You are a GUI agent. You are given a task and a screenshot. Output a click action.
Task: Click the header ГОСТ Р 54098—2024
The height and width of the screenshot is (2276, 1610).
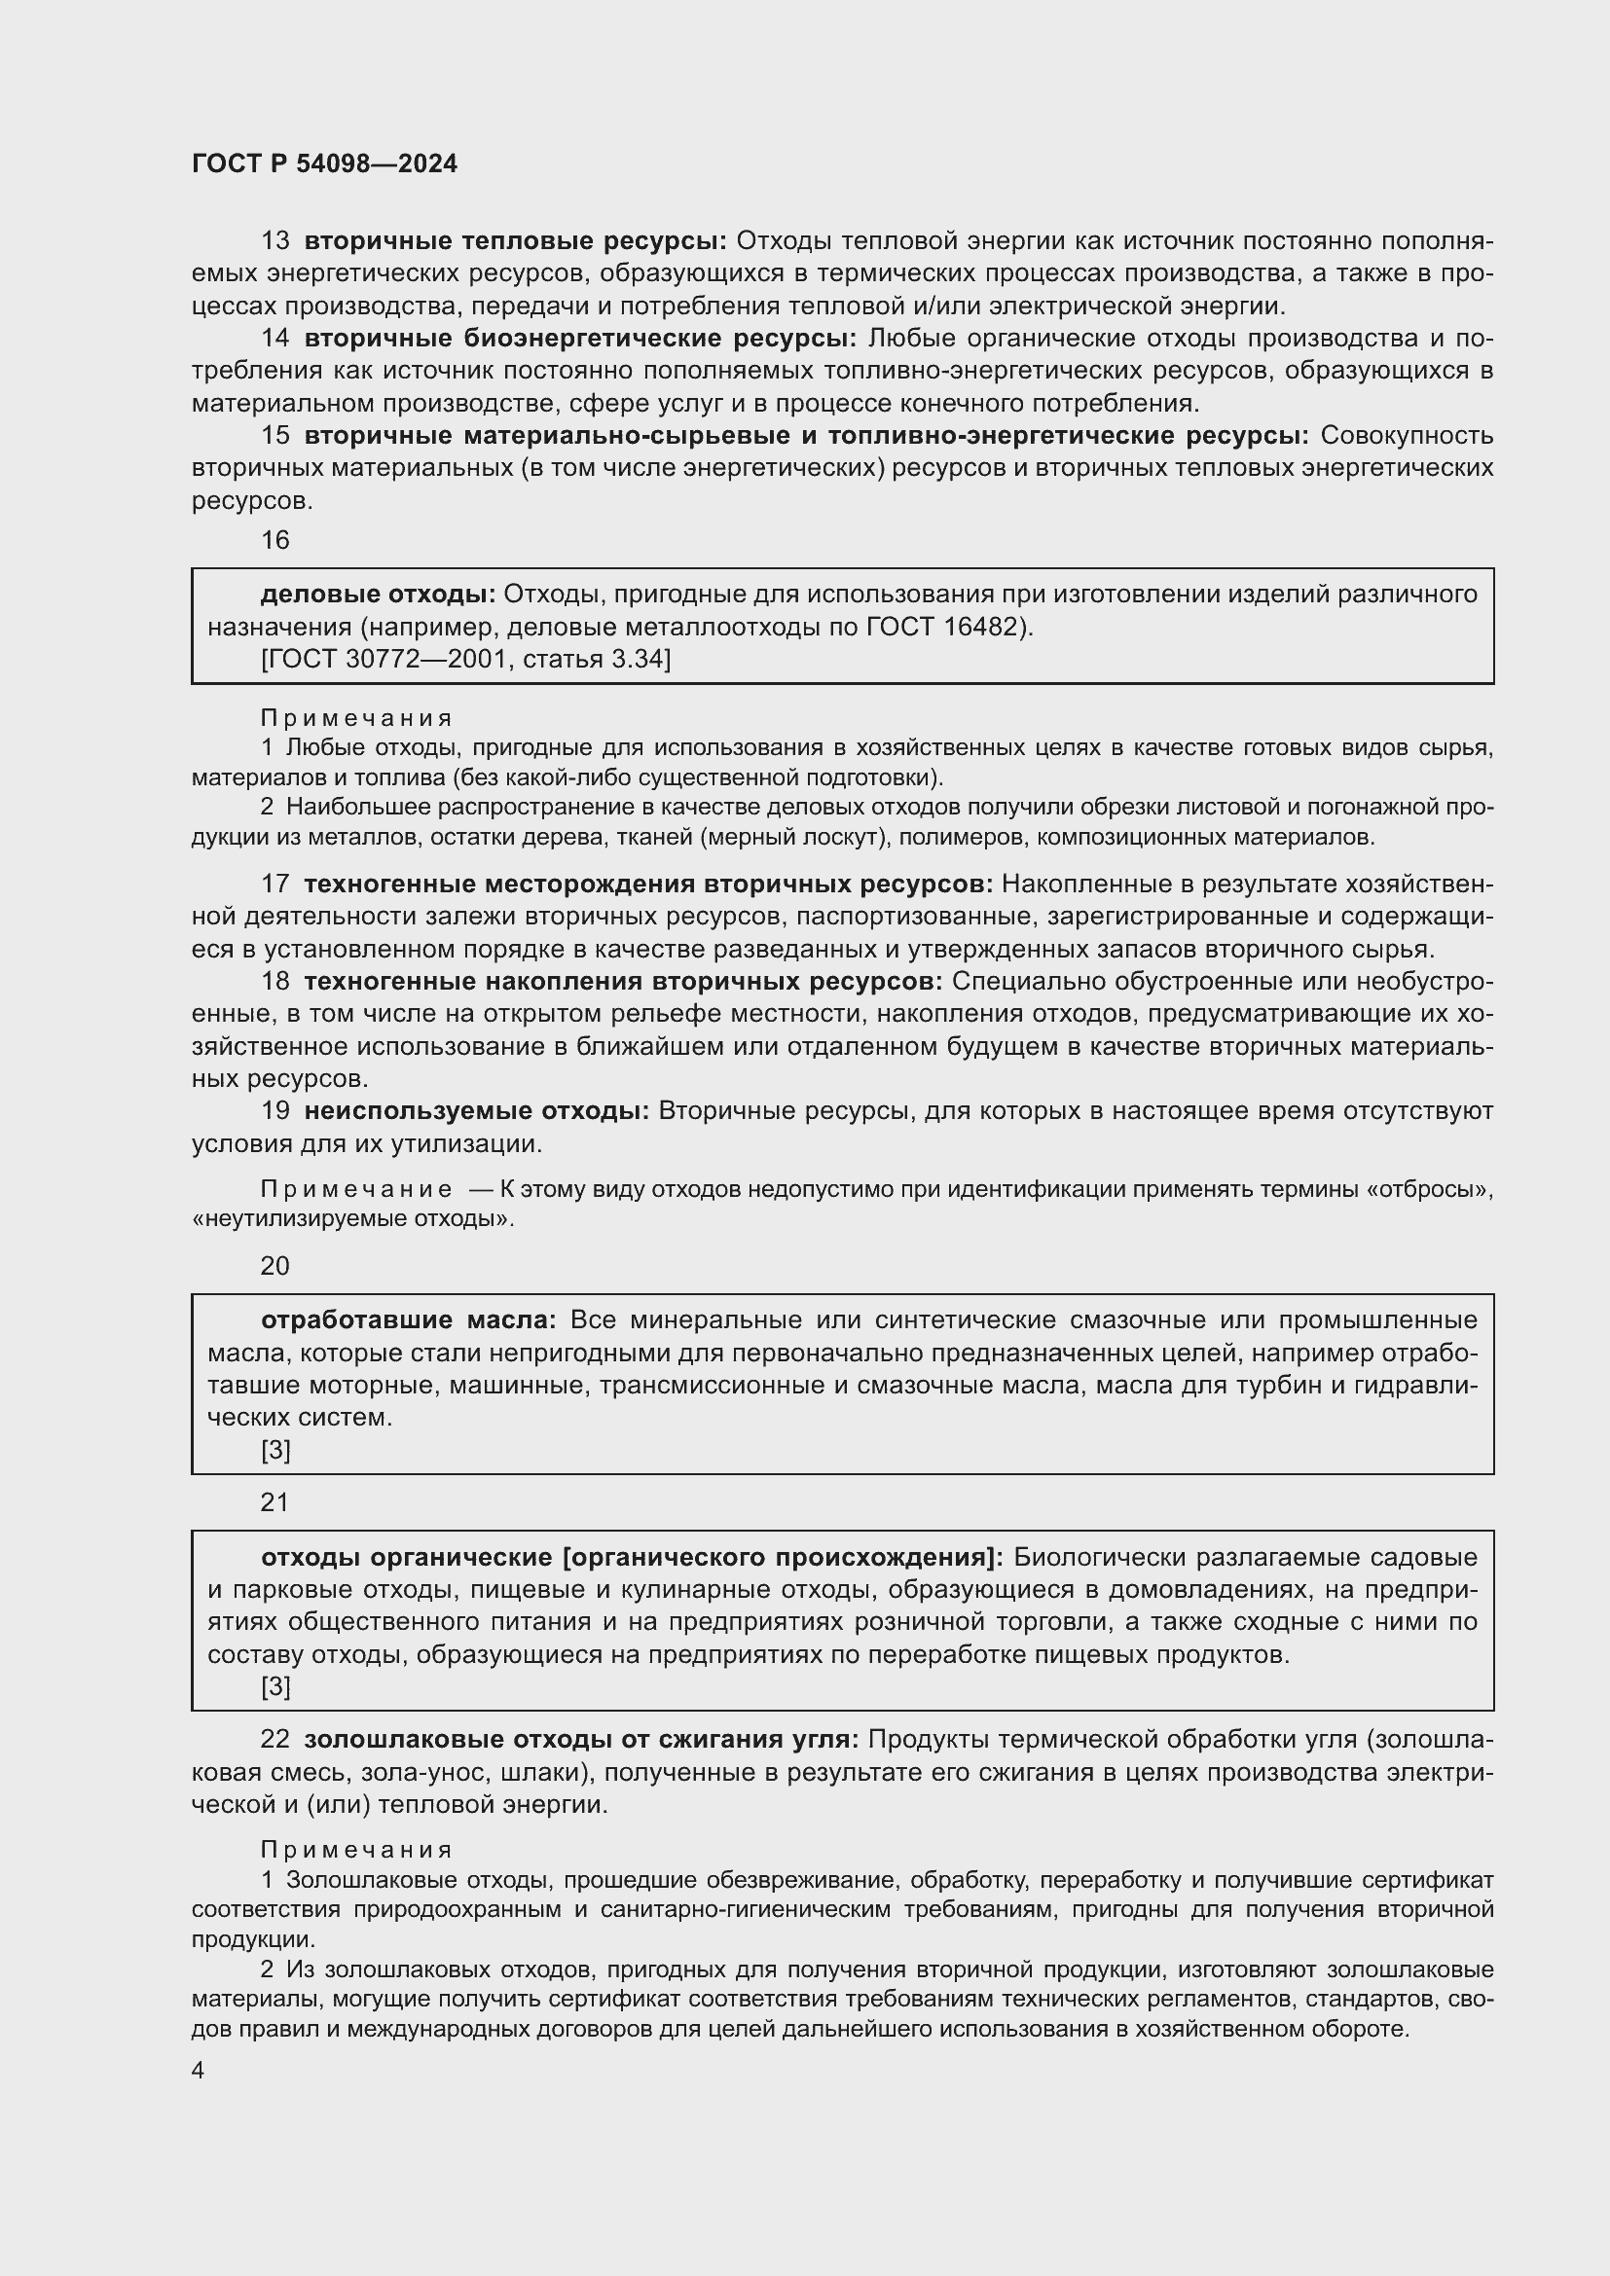coord(324,164)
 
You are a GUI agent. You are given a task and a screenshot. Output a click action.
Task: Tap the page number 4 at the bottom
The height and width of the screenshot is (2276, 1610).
coord(199,2071)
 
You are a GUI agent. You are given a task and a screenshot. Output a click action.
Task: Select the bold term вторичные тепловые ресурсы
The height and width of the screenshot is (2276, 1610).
coord(516,241)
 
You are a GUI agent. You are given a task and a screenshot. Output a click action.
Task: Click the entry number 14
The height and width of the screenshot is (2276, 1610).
coord(274,338)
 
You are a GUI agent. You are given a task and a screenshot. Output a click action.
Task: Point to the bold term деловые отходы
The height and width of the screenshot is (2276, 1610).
coord(378,594)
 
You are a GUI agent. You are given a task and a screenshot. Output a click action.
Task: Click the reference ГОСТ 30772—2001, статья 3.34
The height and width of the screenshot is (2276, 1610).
coord(466,659)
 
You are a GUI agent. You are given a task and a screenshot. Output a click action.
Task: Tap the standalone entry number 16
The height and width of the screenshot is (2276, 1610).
coord(274,540)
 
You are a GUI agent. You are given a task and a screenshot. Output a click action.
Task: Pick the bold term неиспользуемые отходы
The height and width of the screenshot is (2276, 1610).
coord(477,1111)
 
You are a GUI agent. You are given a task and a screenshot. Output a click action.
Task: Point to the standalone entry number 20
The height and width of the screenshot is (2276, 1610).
coord(274,1266)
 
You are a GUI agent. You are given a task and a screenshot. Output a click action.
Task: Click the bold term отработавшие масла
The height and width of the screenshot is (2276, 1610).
coord(409,1320)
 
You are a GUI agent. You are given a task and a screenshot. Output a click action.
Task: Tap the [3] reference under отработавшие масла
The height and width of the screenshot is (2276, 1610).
coord(275,1450)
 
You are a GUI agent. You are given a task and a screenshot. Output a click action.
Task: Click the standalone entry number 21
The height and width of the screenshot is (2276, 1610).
coord(274,1502)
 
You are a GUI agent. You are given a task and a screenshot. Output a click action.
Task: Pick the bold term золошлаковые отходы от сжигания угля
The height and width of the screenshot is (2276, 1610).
coord(581,1740)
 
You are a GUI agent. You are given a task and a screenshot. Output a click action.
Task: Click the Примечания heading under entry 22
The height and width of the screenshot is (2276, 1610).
coord(356,1850)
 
